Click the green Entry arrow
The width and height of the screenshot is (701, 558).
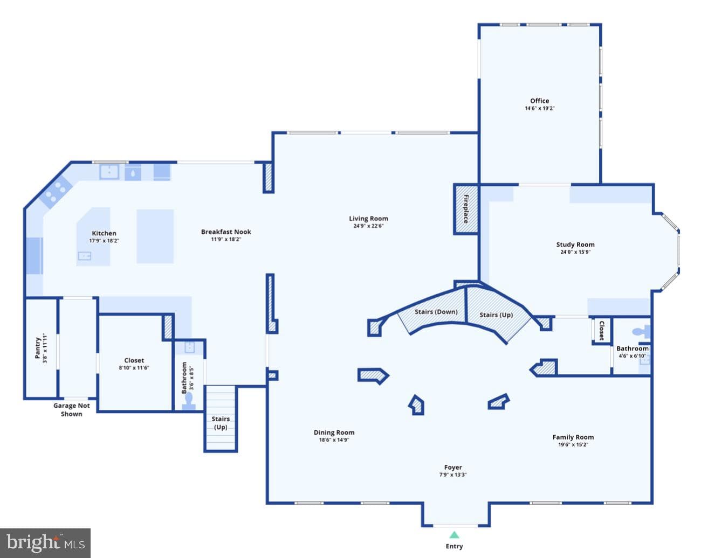(x=454, y=535)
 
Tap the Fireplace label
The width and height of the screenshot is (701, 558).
(x=466, y=209)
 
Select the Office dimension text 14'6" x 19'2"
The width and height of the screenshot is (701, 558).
(x=539, y=108)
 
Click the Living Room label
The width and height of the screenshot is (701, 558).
(x=368, y=219)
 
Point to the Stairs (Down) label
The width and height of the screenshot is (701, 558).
(x=436, y=312)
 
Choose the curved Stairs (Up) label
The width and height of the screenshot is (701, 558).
(x=496, y=315)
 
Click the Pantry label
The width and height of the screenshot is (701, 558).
(x=38, y=348)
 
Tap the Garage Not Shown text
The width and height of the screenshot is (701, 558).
(x=71, y=410)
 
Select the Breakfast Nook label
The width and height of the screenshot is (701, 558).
(x=226, y=232)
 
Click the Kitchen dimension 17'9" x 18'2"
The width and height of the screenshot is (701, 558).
(x=104, y=241)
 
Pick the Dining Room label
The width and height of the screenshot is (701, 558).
(x=334, y=433)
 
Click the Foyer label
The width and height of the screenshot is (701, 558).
(x=453, y=468)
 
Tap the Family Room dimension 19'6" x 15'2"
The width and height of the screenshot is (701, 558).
(x=573, y=445)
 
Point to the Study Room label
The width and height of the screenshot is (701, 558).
(x=575, y=245)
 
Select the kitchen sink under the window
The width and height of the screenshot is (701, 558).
(x=109, y=171)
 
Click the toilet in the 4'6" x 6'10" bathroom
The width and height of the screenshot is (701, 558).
(x=641, y=332)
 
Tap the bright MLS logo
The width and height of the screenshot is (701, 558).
(x=45, y=543)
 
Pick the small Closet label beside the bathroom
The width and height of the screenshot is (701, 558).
(x=602, y=331)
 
